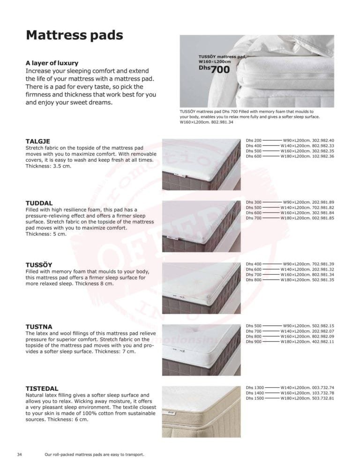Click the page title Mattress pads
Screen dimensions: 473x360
(74, 35)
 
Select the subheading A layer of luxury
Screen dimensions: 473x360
(52, 63)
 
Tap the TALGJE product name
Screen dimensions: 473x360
(37, 141)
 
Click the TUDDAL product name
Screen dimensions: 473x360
(39, 203)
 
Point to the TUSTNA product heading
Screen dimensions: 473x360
(39, 326)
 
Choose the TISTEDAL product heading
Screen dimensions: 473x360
(42, 389)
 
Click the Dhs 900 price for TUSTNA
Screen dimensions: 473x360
(254, 342)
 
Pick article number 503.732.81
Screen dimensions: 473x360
(321, 398)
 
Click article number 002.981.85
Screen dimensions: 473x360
(321, 218)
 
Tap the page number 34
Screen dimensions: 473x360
(19, 455)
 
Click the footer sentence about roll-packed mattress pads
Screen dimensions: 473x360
(94, 455)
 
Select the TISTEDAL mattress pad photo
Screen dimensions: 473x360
(201, 412)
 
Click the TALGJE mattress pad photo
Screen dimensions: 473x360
(201, 164)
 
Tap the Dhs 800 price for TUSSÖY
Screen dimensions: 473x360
(254, 280)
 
